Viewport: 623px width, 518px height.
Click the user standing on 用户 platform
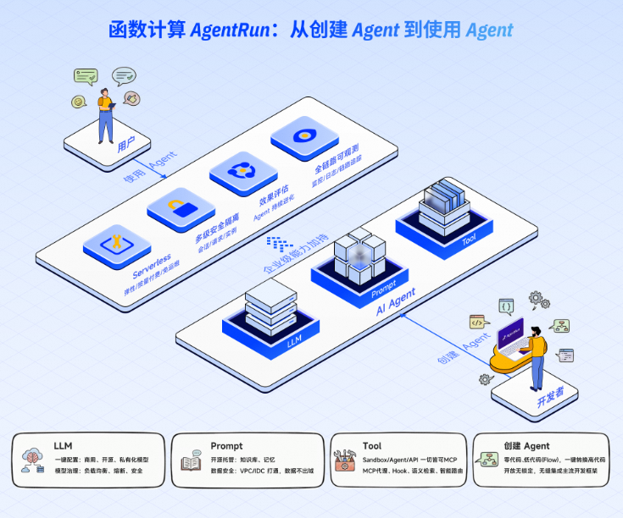pos(105,113)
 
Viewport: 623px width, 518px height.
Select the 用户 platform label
pos(127,148)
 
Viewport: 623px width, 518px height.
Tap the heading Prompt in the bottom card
pos(226,445)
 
